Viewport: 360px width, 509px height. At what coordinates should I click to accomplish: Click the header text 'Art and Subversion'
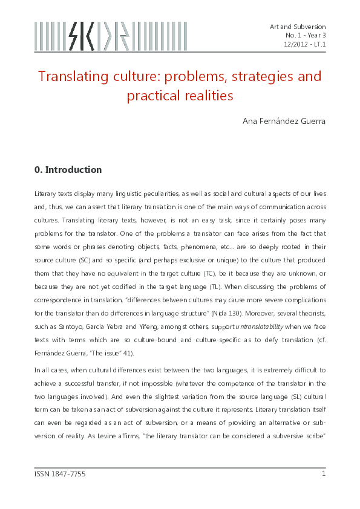click(x=298, y=27)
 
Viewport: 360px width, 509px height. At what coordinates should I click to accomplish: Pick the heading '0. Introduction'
click(x=68, y=170)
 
